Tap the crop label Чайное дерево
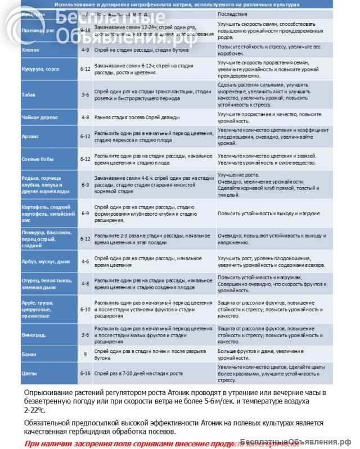tap(35, 117)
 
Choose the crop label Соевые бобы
tap(37, 158)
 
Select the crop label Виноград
tap(33, 334)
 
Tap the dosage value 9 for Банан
tap(85, 355)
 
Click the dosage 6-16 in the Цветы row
tap(85, 373)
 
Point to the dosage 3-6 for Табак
tap(85, 94)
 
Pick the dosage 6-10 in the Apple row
tap(85, 310)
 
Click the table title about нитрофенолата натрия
tap(177, 4)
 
